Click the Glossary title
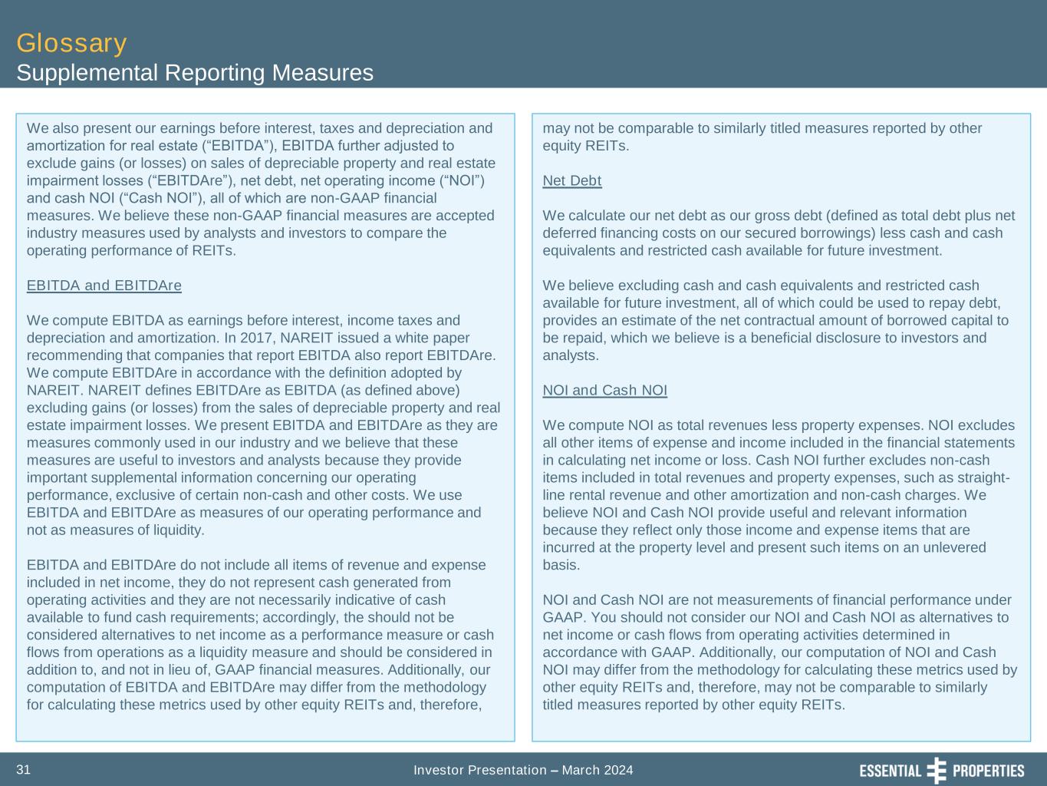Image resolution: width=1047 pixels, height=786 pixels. pos(71,43)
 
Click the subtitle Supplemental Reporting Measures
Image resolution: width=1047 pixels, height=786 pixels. pos(195,73)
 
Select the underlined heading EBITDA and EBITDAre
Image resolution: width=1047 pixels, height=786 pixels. pos(104,286)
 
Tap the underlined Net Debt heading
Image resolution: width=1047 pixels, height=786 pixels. pos(571,180)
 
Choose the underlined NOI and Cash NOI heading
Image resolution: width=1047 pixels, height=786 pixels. pos(604,390)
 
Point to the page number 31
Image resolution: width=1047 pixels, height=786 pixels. pos(24,770)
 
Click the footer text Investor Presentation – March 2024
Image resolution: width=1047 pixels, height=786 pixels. pos(523,770)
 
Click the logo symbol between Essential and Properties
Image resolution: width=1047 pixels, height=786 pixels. pos(937,770)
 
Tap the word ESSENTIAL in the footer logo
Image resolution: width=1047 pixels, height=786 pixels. pos(890,771)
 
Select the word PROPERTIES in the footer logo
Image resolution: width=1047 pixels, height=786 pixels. pos(988,771)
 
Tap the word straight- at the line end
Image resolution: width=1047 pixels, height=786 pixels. pos(982,477)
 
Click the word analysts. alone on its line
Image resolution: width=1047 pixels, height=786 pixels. pos(571,355)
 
